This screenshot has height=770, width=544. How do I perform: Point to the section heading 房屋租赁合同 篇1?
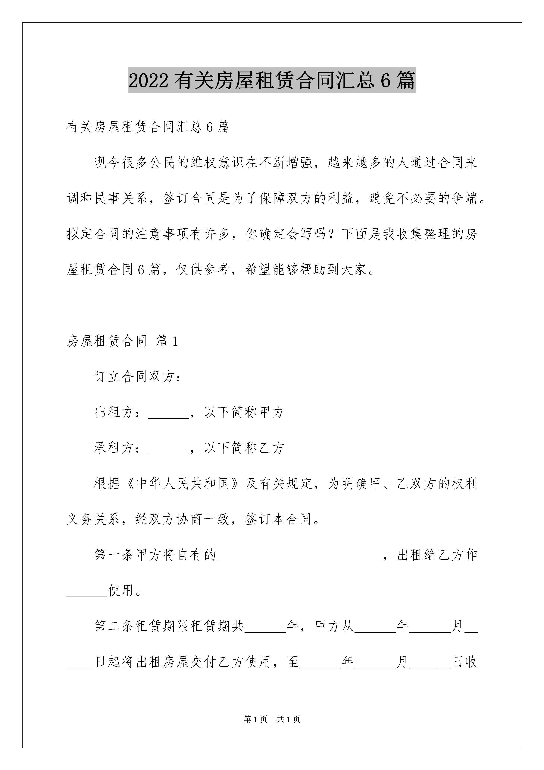pos(122,341)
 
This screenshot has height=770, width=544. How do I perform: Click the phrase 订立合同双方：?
pos(138,377)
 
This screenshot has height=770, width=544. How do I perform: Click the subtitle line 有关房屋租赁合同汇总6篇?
pos(148,127)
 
